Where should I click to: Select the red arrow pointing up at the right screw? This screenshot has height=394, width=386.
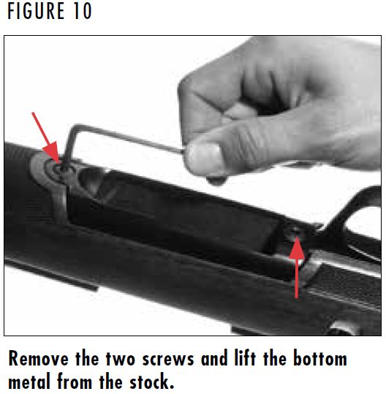[296, 270]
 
